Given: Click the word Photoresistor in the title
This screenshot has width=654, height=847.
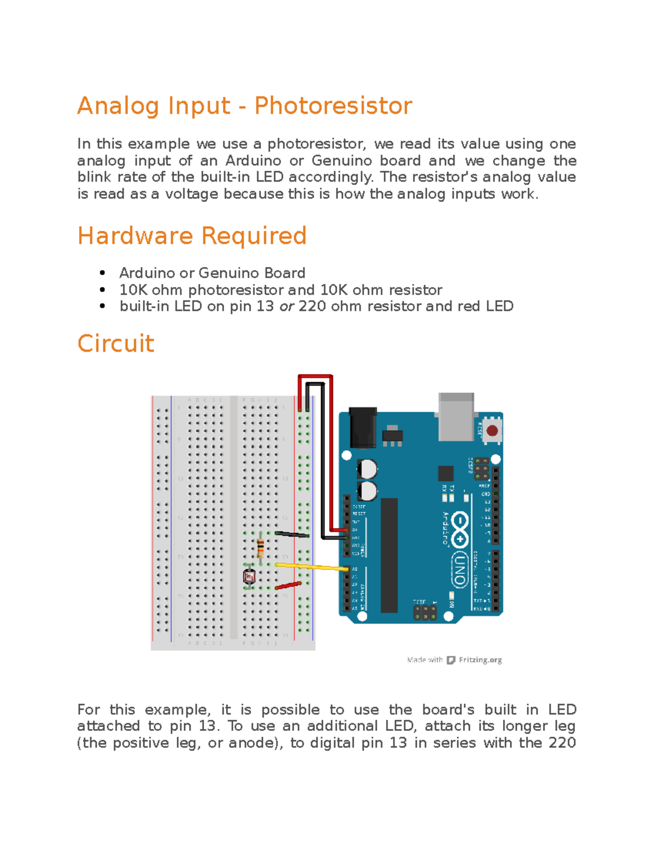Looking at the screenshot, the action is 333,106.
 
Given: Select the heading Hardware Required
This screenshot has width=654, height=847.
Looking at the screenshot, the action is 192,236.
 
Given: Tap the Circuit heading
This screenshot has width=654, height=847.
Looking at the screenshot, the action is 116,344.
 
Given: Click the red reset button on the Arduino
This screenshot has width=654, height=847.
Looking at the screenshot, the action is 492,431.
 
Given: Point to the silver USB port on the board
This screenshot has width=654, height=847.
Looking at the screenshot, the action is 456,417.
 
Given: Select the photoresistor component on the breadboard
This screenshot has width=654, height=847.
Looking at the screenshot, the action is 250,576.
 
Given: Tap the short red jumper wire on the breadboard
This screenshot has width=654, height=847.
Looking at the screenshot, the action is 288,586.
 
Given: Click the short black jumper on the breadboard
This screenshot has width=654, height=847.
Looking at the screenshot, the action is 292,534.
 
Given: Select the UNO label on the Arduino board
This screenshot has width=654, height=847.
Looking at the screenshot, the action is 459,570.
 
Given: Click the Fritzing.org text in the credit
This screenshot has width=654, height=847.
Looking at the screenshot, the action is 480,660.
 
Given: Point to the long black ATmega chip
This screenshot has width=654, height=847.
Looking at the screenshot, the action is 389,555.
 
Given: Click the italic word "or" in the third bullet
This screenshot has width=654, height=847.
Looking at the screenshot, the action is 286,307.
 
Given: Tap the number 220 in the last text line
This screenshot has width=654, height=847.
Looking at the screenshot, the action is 562,743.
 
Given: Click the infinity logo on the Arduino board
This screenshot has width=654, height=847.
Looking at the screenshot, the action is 460,528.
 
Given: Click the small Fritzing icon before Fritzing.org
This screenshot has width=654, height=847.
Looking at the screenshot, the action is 451,660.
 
